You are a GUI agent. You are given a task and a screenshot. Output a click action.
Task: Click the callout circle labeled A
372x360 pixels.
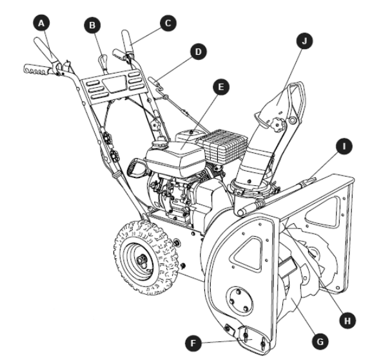click(43, 23)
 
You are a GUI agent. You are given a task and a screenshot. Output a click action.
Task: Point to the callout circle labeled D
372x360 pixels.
click(197, 50)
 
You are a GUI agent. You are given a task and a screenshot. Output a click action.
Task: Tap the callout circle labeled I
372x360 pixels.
click(347, 148)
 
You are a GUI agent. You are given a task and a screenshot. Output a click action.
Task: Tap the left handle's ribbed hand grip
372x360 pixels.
click(38, 68)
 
